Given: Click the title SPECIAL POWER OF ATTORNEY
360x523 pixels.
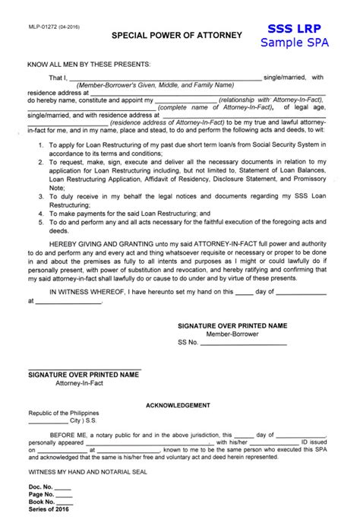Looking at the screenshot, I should [x=177, y=35].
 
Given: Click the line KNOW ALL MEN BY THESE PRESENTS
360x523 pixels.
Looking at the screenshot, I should [x=89, y=64].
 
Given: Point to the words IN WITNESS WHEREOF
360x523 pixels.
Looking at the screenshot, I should [x=83, y=290].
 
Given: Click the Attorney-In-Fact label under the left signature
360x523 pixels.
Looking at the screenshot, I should [x=80, y=383].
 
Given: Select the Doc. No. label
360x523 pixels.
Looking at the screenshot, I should [x=40, y=486].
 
